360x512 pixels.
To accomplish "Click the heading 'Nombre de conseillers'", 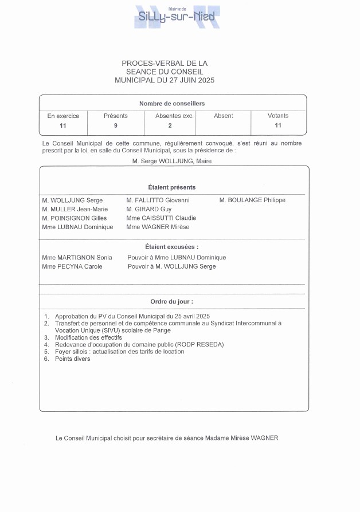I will pos(172,104).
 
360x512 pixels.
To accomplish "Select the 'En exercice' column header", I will pos(63,116).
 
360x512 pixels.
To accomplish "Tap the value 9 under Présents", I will pos(116,125).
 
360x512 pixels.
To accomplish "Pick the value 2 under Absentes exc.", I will pos(170,125).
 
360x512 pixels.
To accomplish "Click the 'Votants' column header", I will pos(278,116).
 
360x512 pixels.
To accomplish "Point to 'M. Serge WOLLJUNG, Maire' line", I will pos(172,162).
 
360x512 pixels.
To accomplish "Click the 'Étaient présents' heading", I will pos(172,187).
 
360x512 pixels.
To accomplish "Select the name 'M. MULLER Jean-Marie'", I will pos(75,209).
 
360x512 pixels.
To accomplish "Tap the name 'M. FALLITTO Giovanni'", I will pos(158,200).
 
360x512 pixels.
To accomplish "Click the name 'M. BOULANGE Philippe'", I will pos(252,200).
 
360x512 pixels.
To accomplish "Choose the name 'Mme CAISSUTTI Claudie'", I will pos(161,218).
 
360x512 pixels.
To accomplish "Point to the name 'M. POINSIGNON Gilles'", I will pos(75,218).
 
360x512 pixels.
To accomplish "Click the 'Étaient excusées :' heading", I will pos(172,246).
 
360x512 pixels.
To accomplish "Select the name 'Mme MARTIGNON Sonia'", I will pos(77,258).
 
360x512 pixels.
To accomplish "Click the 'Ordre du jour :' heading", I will pos(172,301).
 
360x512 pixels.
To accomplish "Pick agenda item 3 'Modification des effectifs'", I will pos(88,338).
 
